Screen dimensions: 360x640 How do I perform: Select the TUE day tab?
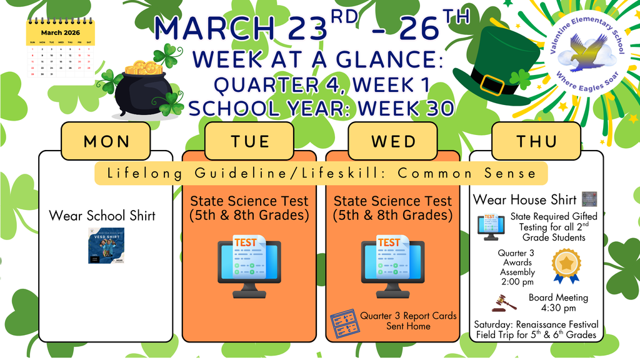pyautogui.click(x=249, y=141)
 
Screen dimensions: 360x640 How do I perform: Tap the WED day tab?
pyautogui.click(x=392, y=141)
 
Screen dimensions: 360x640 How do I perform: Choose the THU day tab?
pyautogui.click(x=536, y=141)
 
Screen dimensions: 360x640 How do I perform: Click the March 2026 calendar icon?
pyautogui.click(x=61, y=49)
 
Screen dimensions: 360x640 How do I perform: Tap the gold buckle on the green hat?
pyautogui.click(x=492, y=83)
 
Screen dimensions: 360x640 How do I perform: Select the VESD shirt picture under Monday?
pyautogui.click(x=106, y=246)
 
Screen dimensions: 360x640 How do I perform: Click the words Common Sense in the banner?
pyautogui.click(x=479, y=173)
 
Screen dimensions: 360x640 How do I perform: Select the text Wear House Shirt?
pyautogui.click(x=524, y=200)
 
